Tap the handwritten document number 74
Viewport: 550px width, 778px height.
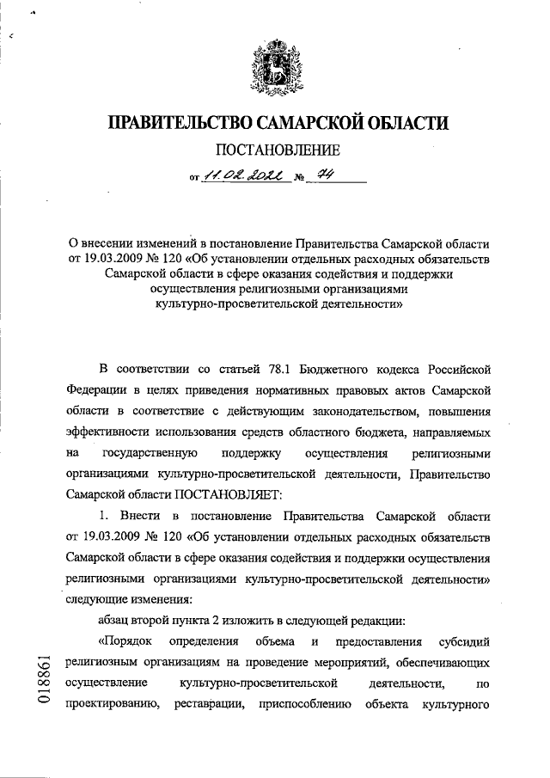[x=324, y=176]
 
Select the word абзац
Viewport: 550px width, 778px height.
[x=117, y=619]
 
